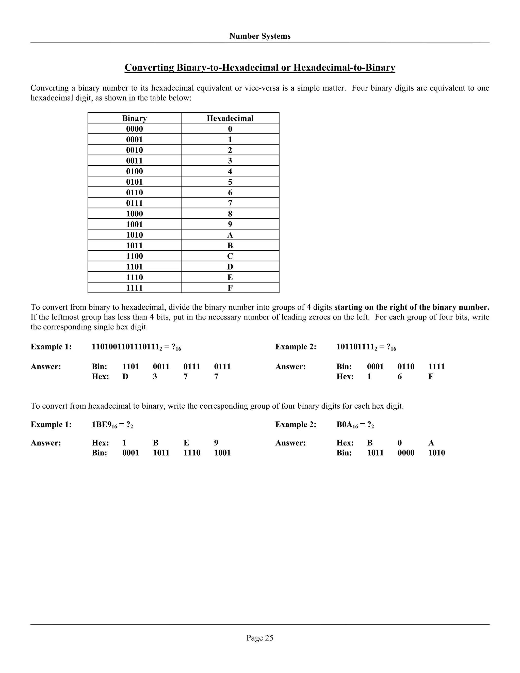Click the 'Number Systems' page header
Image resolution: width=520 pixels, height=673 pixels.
point(260,36)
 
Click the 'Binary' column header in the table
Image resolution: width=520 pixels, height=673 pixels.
point(134,118)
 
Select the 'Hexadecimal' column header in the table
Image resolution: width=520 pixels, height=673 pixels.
point(230,118)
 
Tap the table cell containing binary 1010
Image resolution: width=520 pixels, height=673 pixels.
point(134,235)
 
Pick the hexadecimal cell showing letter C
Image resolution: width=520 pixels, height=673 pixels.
point(230,256)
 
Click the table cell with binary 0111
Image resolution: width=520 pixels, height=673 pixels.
point(134,203)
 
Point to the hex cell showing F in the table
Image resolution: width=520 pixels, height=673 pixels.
point(230,288)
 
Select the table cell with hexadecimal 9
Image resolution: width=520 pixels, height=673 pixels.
point(230,224)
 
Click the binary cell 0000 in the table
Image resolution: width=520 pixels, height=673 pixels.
point(134,129)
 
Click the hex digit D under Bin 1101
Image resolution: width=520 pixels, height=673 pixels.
point(125,377)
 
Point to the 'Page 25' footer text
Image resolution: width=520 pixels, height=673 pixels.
point(260,637)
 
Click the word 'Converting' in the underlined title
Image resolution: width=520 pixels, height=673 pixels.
point(149,68)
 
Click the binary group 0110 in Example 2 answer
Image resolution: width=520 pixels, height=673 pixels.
point(406,367)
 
